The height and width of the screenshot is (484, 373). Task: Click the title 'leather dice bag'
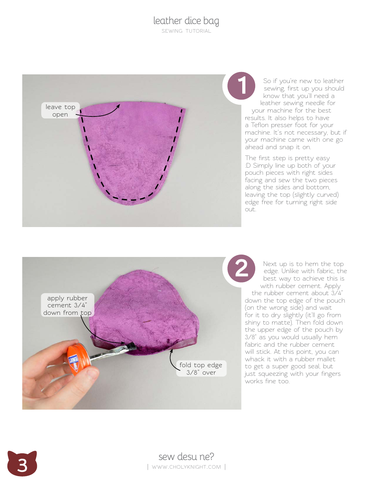186,20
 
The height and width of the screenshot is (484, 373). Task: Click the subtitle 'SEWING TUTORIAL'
186,31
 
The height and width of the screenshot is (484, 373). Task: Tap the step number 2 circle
241,270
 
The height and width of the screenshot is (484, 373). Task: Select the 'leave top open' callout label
60,111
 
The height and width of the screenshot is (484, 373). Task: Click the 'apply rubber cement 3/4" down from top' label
67,305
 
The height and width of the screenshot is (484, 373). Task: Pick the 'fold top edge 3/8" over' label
201,369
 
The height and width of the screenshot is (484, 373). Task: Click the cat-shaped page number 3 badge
22,464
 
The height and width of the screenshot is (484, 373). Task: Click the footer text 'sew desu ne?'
186,456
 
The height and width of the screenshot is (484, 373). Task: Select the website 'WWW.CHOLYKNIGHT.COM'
186,467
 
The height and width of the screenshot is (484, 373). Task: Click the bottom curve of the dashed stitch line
132,200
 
